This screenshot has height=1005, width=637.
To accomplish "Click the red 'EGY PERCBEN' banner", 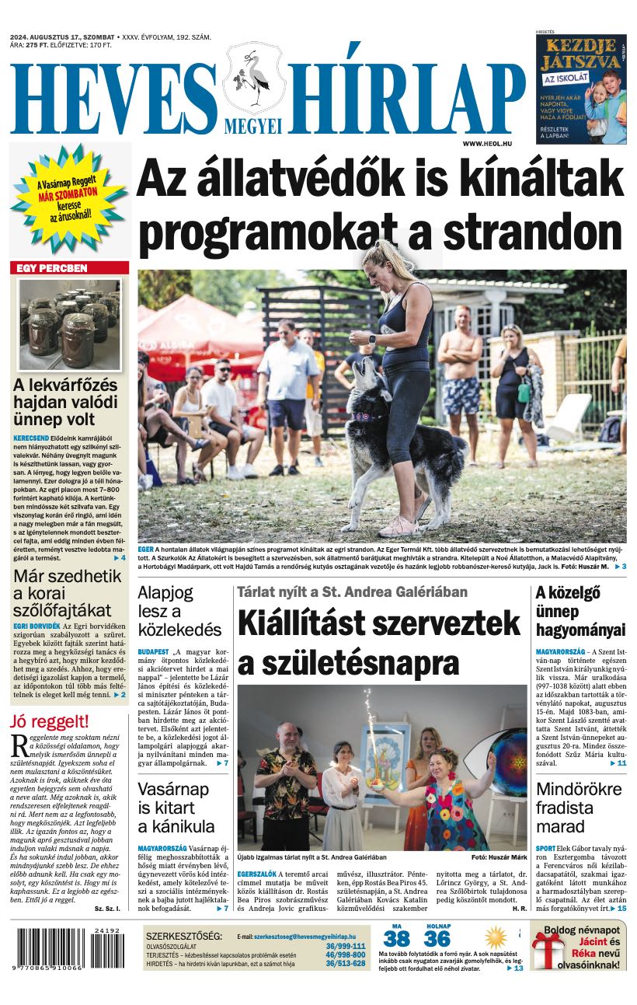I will click(69, 268).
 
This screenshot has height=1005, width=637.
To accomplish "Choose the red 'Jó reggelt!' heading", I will click(48, 721).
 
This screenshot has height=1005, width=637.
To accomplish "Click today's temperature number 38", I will click(396, 938).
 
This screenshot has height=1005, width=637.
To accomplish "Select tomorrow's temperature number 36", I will click(437, 938).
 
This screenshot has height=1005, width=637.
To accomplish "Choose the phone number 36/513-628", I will click(345, 963).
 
